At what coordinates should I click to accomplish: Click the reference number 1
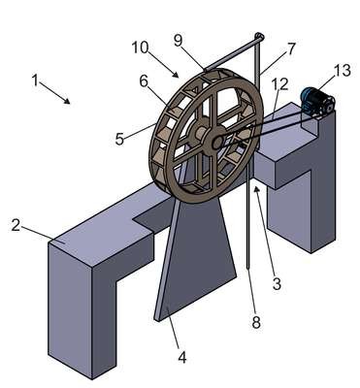click(35, 80)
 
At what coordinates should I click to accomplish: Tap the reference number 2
click(16, 225)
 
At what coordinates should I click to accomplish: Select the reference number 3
click(277, 284)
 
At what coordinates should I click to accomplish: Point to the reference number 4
click(182, 357)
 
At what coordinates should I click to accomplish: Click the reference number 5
click(119, 140)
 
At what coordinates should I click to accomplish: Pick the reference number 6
click(144, 81)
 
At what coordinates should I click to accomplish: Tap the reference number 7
click(291, 48)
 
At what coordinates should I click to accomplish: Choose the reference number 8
click(256, 322)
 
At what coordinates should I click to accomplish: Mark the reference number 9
click(179, 41)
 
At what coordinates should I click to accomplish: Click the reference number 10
click(140, 48)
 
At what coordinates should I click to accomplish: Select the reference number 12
click(280, 84)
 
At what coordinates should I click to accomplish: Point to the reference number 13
click(343, 70)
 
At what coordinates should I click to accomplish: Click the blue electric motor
click(316, 102)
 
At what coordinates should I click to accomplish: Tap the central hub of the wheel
click(216, 142)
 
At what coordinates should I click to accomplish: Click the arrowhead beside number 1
click(67, 101)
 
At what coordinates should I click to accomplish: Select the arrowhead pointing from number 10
click(175, 75)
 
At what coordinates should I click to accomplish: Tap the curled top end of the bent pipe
click(259, 36)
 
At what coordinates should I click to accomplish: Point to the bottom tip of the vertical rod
click(247, 268)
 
